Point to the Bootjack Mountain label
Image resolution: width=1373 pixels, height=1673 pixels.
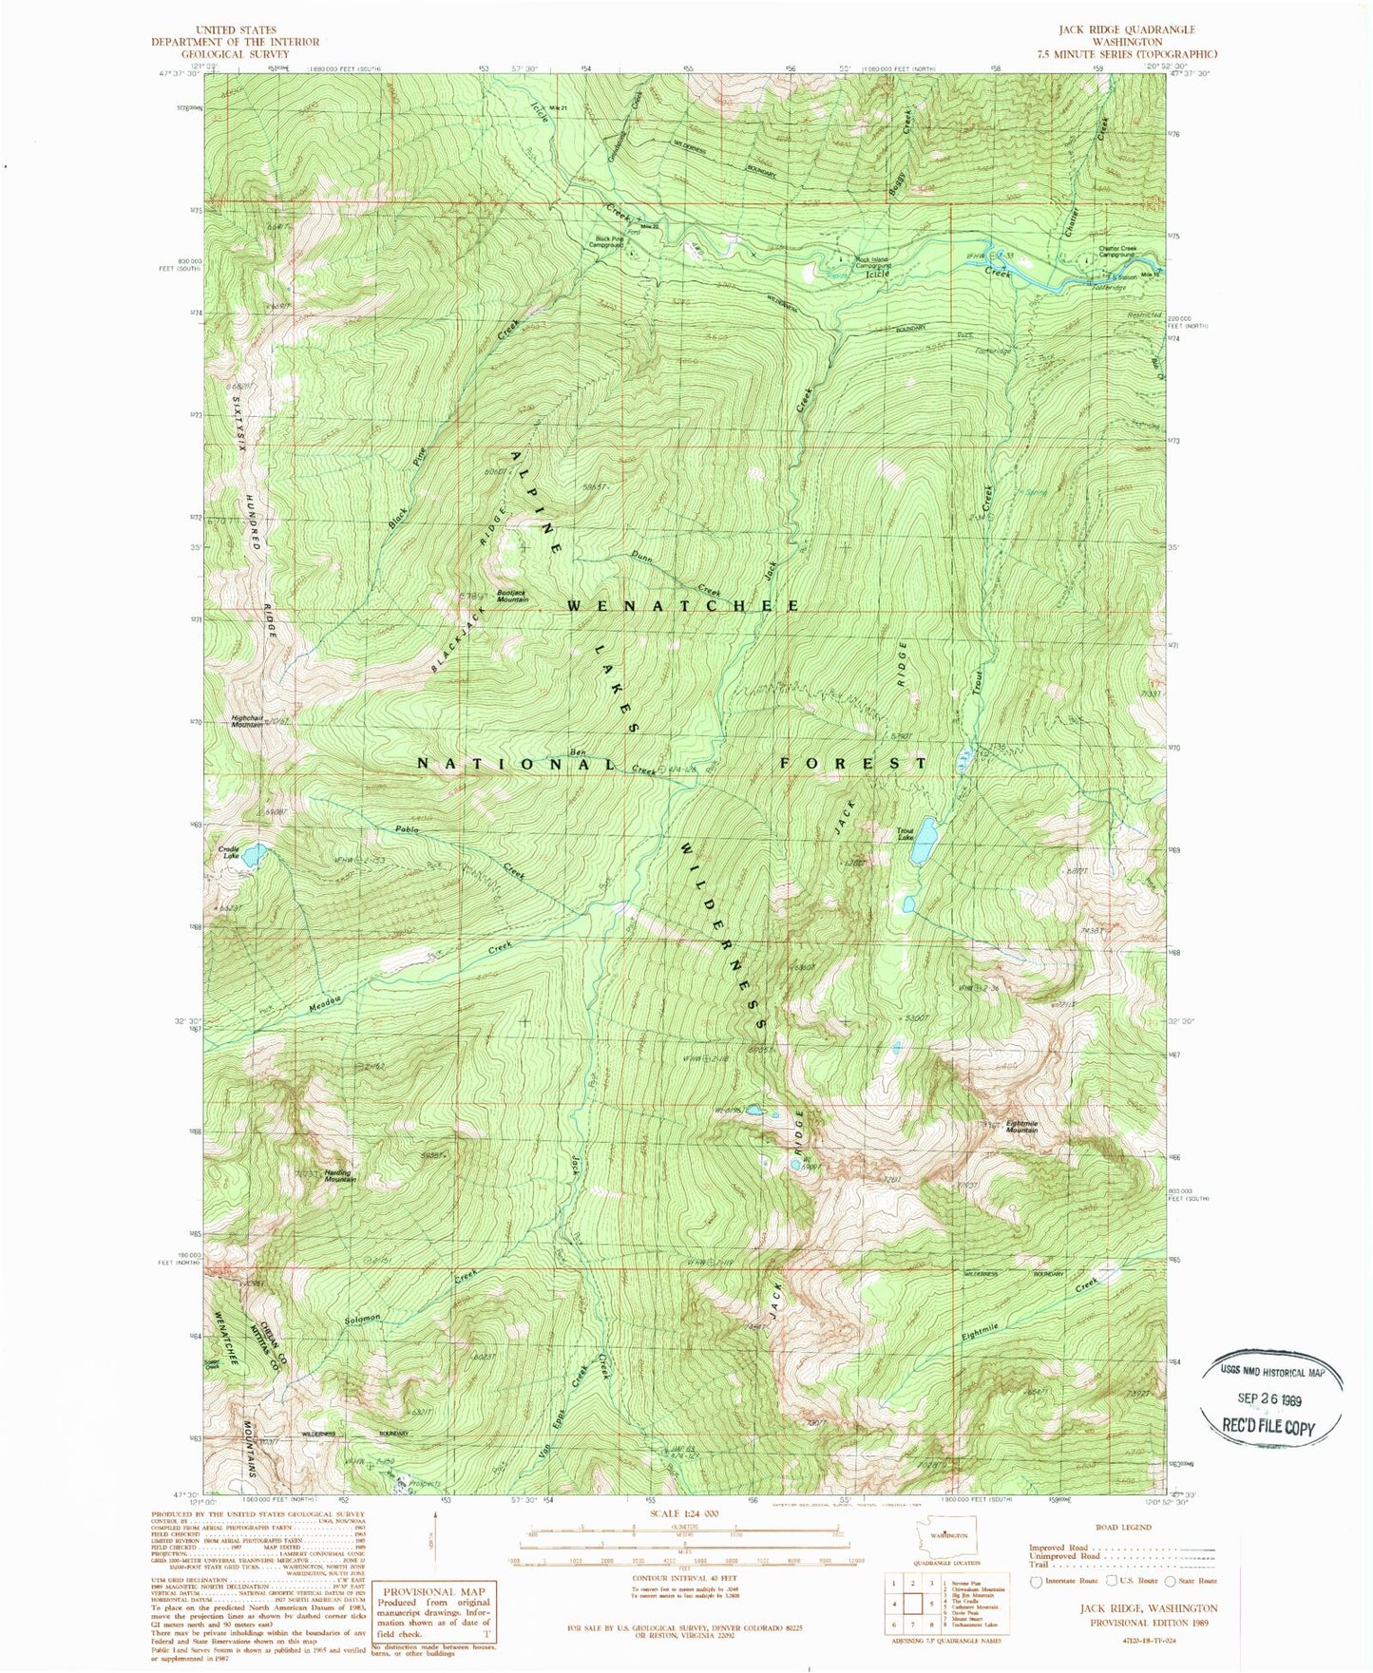coord(511,597)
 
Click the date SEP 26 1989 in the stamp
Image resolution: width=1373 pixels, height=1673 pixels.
coord(1272,1397)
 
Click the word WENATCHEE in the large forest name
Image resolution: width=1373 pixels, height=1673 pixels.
coord(684,605)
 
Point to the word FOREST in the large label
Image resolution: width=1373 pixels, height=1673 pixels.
coord(853,763)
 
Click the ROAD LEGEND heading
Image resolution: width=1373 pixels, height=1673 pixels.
coord(1123,1528)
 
